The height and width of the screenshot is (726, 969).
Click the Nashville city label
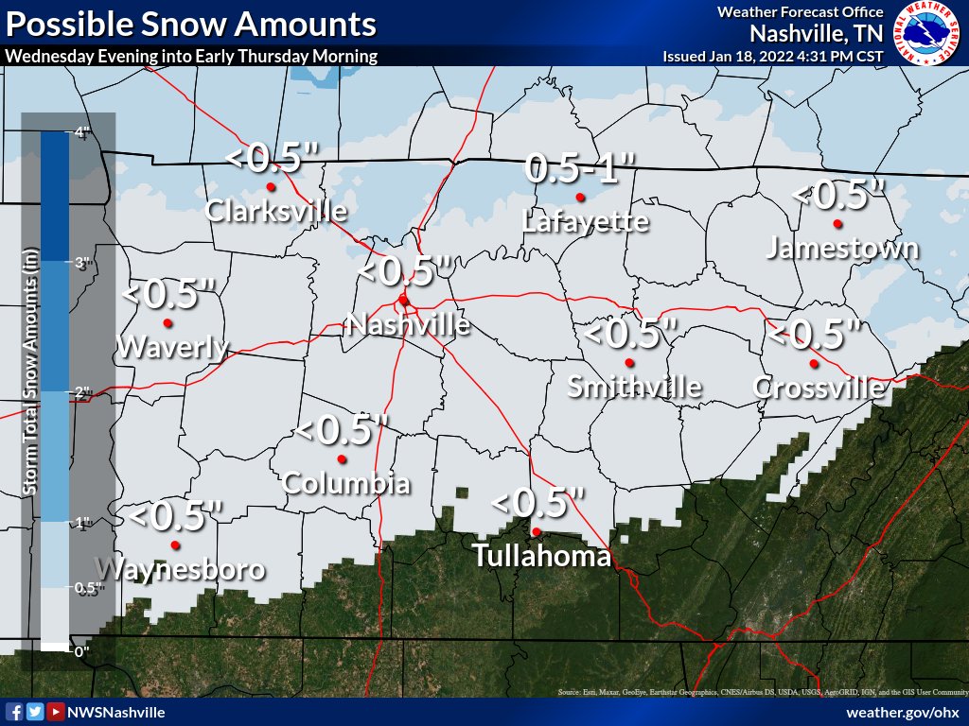click(408, 325)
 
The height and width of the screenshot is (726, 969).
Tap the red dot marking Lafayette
click(580, 198)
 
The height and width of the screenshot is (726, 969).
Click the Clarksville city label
click(276, 210)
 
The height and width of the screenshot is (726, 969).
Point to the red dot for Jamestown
click(837, 224)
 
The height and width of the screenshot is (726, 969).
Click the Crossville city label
click(819, 388)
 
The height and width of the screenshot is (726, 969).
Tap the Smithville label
click(634, 387)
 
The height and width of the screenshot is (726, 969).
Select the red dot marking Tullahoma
click(537, 531)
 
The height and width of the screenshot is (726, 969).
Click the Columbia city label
click(346, 484)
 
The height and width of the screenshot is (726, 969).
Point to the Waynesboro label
click(180, 570)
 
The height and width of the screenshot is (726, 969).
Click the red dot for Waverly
click(167, 323)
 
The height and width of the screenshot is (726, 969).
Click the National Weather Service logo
click(928, 32)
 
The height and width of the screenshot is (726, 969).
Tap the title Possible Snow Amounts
click(190, 24)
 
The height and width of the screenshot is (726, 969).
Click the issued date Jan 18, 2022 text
click(773, 56)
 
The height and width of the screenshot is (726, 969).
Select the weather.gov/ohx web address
click(903, 712)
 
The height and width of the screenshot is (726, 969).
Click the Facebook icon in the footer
click(14, 712)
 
